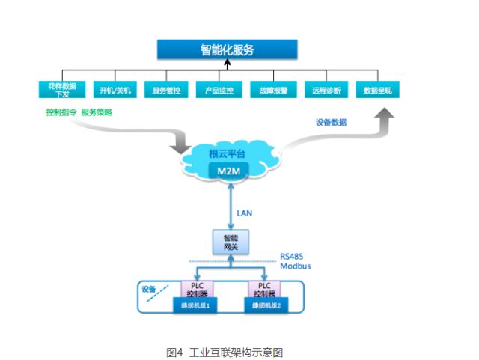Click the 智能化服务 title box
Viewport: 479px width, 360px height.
click(x=227, y=50)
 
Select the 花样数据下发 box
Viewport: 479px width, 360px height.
click(x=62, y=91)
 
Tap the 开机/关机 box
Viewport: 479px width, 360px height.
click(x=115, y=91)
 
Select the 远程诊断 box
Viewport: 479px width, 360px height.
click(x=326, y=91)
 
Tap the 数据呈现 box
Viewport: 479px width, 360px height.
click(x=377, y=91)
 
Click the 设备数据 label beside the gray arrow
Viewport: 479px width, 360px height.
click(x=331, y=122)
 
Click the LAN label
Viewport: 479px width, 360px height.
click(x=245, y=213)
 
